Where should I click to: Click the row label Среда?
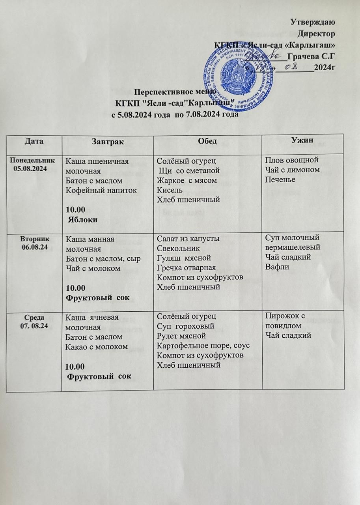tap(34, 317)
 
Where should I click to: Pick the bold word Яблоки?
tap(84, 220)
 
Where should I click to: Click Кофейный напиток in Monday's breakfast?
tap(101, 191)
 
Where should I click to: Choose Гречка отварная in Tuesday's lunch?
tap(185, 268)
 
